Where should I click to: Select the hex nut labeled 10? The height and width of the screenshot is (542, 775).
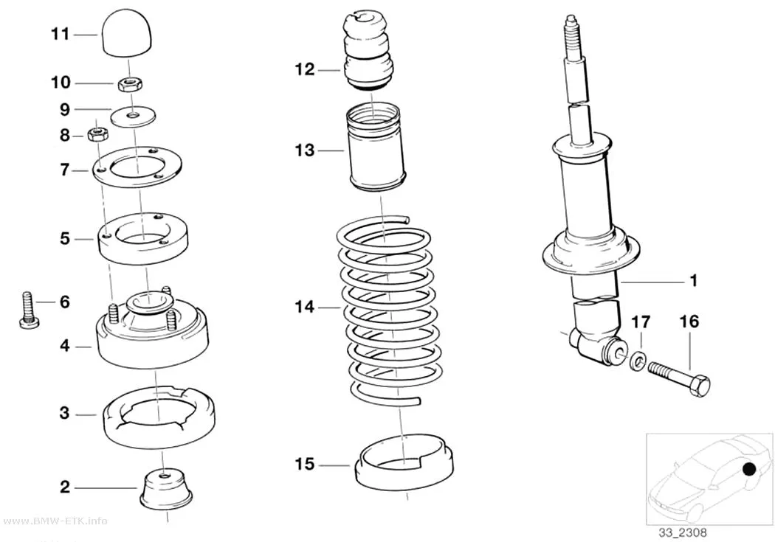coord(130,84)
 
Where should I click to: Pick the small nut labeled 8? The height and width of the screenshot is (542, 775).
coord(97,133)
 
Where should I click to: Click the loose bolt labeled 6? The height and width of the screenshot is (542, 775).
coord(30,309)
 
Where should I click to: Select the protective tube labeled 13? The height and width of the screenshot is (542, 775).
coord(377,147)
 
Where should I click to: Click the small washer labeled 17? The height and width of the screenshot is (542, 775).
coord(636,360)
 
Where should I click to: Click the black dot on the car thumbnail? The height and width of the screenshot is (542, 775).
coord(749,469)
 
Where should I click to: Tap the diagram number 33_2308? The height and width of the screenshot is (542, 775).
coord(683,532)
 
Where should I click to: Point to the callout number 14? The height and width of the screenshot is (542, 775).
coord(304,307)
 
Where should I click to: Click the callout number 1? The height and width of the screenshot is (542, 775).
coord(694,280)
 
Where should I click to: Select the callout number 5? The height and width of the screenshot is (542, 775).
coord(65,239)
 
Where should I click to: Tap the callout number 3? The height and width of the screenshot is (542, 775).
coord(65,413)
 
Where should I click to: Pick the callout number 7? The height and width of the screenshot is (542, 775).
coord(65,170)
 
